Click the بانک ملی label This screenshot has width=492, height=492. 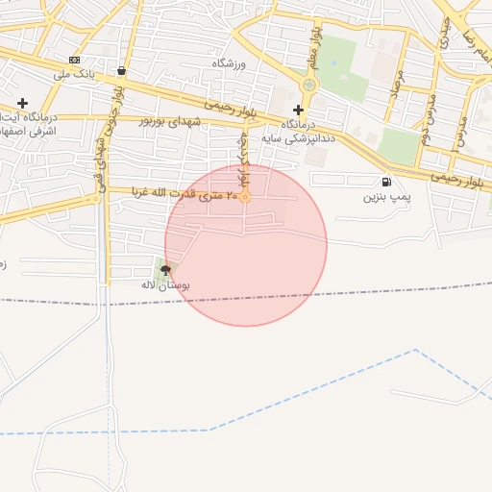coord(77,74)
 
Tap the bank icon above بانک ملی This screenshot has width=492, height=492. coord(75,60)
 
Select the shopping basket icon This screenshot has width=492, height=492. coord(121,70)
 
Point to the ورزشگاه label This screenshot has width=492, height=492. coord(231,63)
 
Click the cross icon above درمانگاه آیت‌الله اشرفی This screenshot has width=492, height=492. coord(22,103)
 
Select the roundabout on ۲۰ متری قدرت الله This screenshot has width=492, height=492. coord(245,197)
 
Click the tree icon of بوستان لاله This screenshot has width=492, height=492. coord(165,270)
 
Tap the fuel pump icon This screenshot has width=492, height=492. coord(386,182)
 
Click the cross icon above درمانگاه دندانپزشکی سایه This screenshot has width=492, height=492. coord(298,110)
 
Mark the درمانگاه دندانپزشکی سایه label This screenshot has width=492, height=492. coord(307,131)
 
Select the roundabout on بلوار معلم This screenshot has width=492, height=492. coord(308,86)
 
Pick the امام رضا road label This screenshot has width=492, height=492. coord(473,38)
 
